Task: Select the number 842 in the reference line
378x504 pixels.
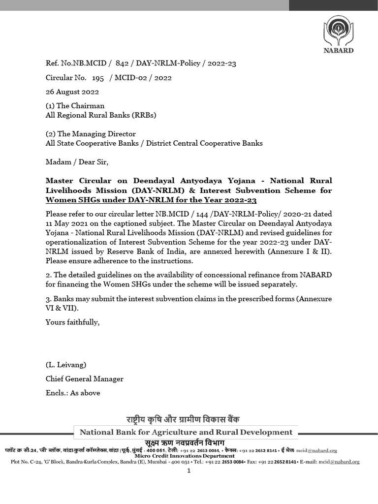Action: click(123, 63)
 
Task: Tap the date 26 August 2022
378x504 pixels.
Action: click(72, 92)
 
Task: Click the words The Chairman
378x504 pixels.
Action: click(81, 106)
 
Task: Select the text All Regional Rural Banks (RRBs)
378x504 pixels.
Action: click(100, 115)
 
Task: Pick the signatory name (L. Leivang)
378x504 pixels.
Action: click(66, 365)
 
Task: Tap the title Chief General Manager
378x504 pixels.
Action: click(84, 379)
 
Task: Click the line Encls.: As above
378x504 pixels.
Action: click(72, 393)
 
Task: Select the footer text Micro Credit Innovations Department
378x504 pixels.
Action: click(189, 456)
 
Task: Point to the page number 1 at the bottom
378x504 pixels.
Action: click(189, 471)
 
